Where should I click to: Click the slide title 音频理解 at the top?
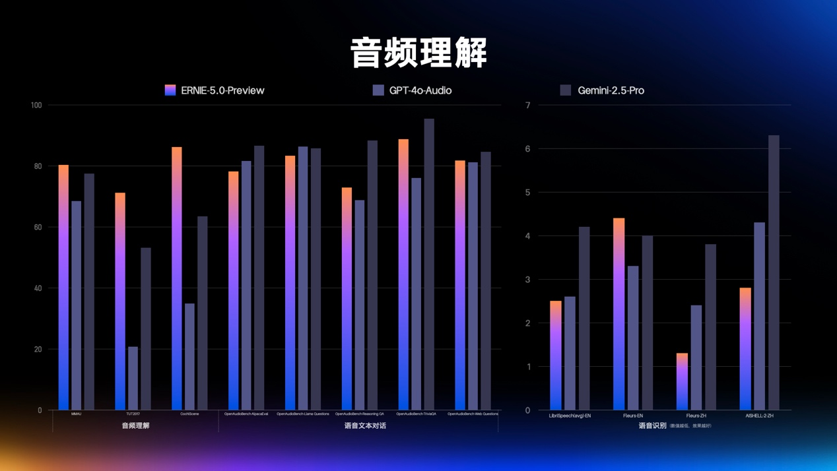[x=418, y=53]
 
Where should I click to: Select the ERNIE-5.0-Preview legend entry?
[x=215, y=90]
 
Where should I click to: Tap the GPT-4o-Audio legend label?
[x=420, y=90]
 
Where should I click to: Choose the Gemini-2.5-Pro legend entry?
[x=610, y=90]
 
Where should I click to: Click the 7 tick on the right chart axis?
[x=527, y=106]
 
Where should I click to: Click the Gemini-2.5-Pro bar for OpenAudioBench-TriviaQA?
[x=429, y=264]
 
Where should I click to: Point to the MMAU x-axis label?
[x=76, y=414]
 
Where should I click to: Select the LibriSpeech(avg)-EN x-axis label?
[x=570, y=416]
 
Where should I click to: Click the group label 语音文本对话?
[x=365, y=426]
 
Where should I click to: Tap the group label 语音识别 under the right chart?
[x=652, y=426]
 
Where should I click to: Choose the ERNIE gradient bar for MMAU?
[x=63, y=287]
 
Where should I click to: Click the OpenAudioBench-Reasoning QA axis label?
[x=359, y=414]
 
